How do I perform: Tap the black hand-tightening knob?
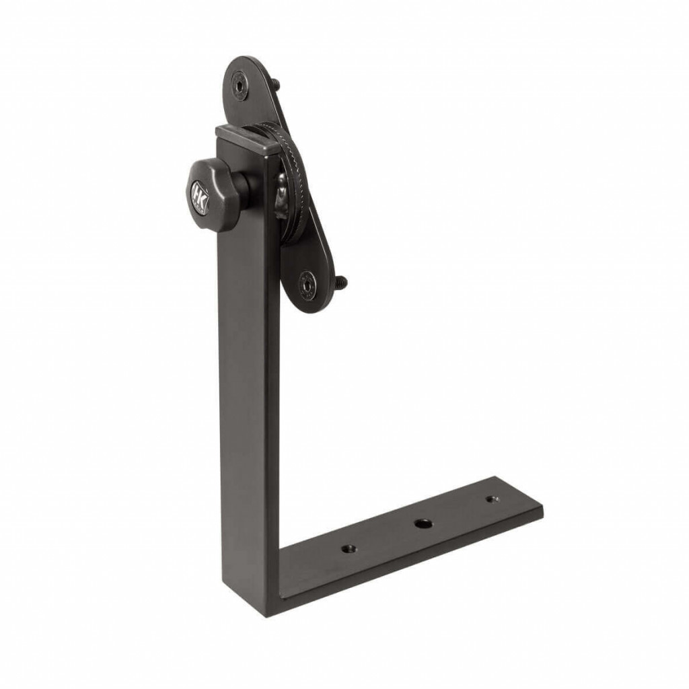pyautogui.click(x=207, y=194)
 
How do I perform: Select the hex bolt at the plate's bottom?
pyautogui.click(x=307, y=285)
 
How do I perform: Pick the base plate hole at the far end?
pyautogui.click(x=492, y=499)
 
